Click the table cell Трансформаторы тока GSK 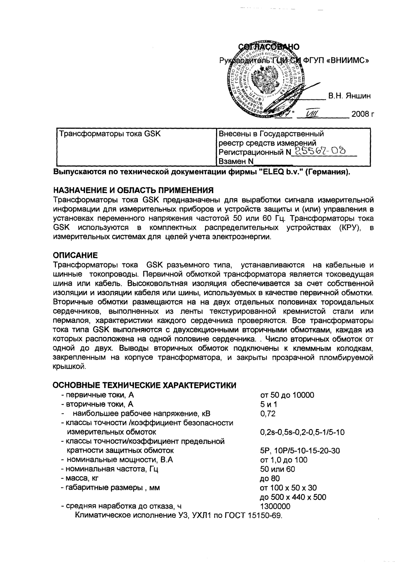110,134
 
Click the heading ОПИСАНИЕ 76,255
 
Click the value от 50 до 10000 287,395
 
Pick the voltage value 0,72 268,414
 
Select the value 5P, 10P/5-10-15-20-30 300,451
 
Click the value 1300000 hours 275,506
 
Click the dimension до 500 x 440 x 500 293,497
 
